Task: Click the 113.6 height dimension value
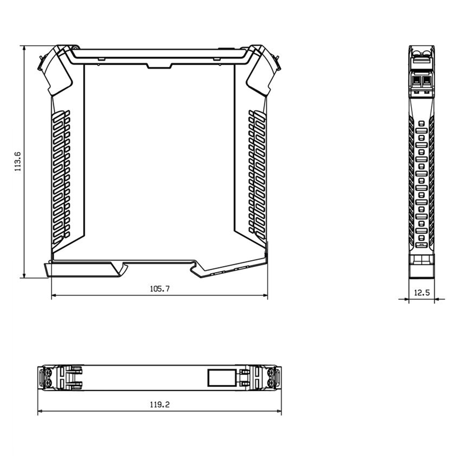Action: click(18, 162)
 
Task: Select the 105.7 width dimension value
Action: click(160, 289)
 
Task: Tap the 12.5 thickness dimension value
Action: click(422, 293)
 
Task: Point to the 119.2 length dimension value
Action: click(160, 404)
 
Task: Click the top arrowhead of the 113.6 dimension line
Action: click(24, 48)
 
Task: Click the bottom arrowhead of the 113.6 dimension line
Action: click(24, 275)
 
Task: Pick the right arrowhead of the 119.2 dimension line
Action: click(278, 411)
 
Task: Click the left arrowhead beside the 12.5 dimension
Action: click(406, 299)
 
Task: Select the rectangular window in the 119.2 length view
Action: click(222, 378)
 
